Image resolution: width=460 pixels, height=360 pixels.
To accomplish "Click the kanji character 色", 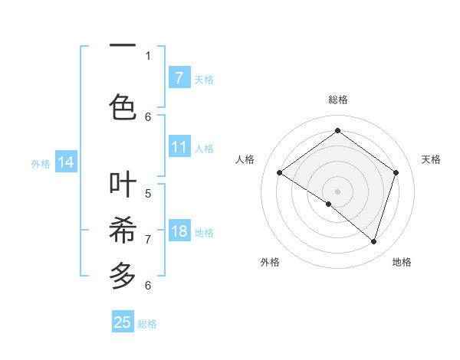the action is pyautogui.click(x=123, y=105).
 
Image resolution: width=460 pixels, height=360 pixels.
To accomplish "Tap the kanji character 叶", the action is pyautogui.click(x=123, y=184).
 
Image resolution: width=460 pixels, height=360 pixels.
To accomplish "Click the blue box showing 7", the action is pyautogui.click(x=179, y=78).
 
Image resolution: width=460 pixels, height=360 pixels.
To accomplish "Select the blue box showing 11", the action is pyautogui.click(x=179, y=147).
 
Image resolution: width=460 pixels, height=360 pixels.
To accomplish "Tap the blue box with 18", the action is pyautogui.click(x=179, y=231).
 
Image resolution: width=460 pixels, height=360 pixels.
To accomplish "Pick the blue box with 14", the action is pyautogui.click(x=66, y=162).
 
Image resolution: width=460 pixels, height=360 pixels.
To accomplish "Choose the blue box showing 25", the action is pyautogui.click(x=123, y=322).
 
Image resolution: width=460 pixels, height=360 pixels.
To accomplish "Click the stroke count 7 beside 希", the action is pyautogui.click(x=148, y=239).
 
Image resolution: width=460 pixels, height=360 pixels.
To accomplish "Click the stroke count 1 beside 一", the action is pyautogui.click(x=148, y=55).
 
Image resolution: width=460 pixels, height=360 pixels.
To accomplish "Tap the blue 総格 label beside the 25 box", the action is pyautogui.click(x=147, y=324).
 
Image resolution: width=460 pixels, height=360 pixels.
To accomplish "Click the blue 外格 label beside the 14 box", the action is pyautogui.click(x=41, y=163).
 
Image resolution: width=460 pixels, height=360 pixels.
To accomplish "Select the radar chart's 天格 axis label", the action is pyautogui.click(x=431, y=159).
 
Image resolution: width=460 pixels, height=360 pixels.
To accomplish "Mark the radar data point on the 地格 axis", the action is pyautogui.click(x=373, y=241).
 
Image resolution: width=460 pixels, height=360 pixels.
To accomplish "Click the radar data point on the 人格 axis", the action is pyautogui.click(x=279, y=173).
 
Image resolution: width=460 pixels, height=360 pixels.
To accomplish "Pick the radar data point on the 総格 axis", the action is pyautogui.click(x=337, y=131).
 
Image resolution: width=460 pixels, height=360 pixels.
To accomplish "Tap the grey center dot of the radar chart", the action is pyautogui.click(x=337, y=191).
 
